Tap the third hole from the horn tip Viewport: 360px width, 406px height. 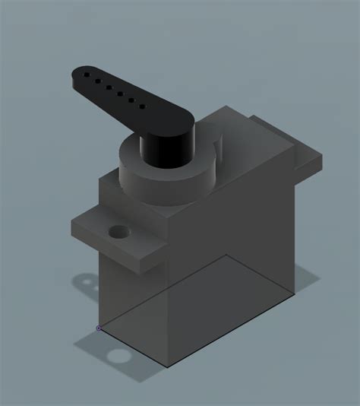coord(109,87)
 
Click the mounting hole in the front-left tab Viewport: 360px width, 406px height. coord(118,231)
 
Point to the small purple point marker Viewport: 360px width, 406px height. coord(99,328)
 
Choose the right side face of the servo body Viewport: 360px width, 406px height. coord(243,228)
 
